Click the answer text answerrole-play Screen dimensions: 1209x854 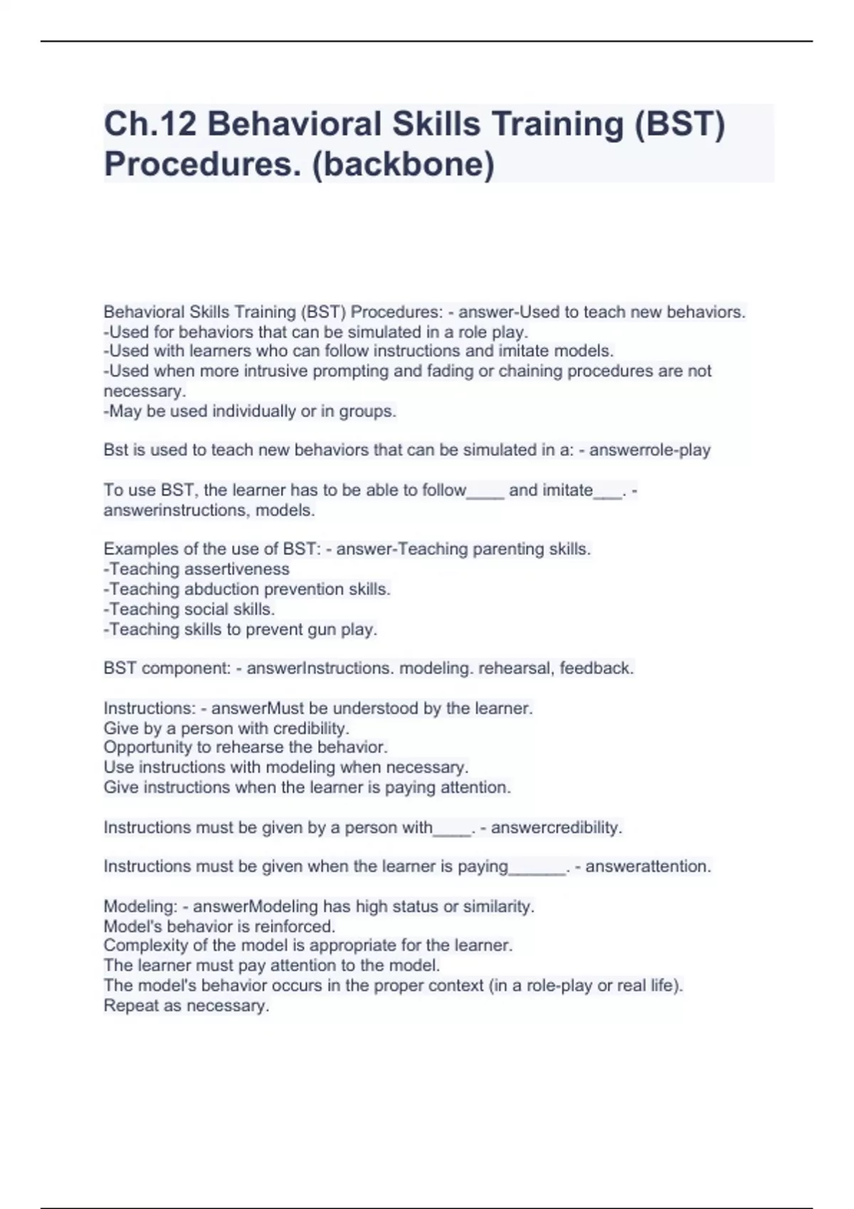point(650,450)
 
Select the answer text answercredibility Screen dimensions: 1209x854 point(557,828)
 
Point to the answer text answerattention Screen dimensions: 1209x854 point(648,867)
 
